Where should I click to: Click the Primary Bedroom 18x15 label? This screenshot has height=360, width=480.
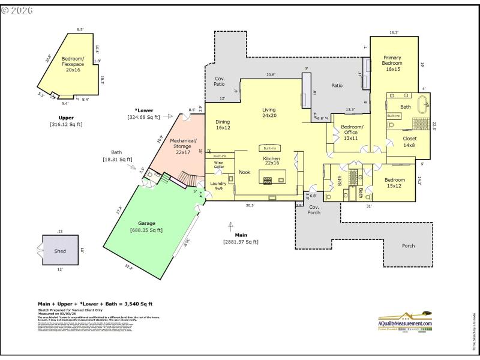392,64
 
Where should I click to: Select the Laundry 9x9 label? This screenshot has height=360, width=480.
218,186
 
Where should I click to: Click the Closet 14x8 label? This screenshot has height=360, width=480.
409,142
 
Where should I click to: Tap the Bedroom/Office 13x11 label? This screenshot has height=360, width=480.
352,133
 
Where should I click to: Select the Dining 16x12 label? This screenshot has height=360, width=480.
223,125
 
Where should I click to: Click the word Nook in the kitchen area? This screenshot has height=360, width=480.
245,172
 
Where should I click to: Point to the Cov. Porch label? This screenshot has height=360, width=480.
314,209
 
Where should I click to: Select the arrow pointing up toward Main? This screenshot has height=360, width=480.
230,225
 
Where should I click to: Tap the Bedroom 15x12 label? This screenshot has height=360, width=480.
394,183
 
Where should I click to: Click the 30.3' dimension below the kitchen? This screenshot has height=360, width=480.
250,205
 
